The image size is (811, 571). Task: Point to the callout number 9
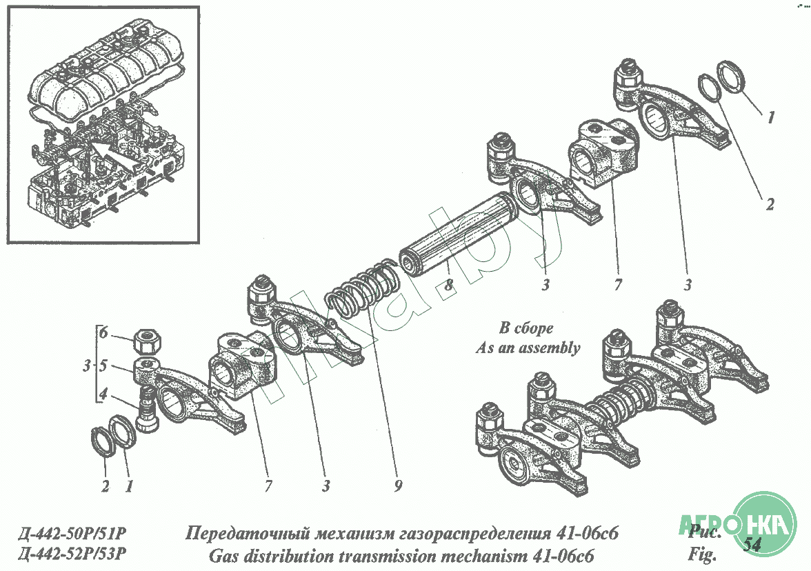tap(398, 486)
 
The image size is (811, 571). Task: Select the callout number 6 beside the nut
tap(103, 332)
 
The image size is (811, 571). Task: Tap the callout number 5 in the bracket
tap(103, 367)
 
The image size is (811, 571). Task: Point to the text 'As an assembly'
tap(528, 348)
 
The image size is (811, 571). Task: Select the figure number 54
tap(752, 545)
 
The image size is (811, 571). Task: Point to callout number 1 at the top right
tap(770, 118)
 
